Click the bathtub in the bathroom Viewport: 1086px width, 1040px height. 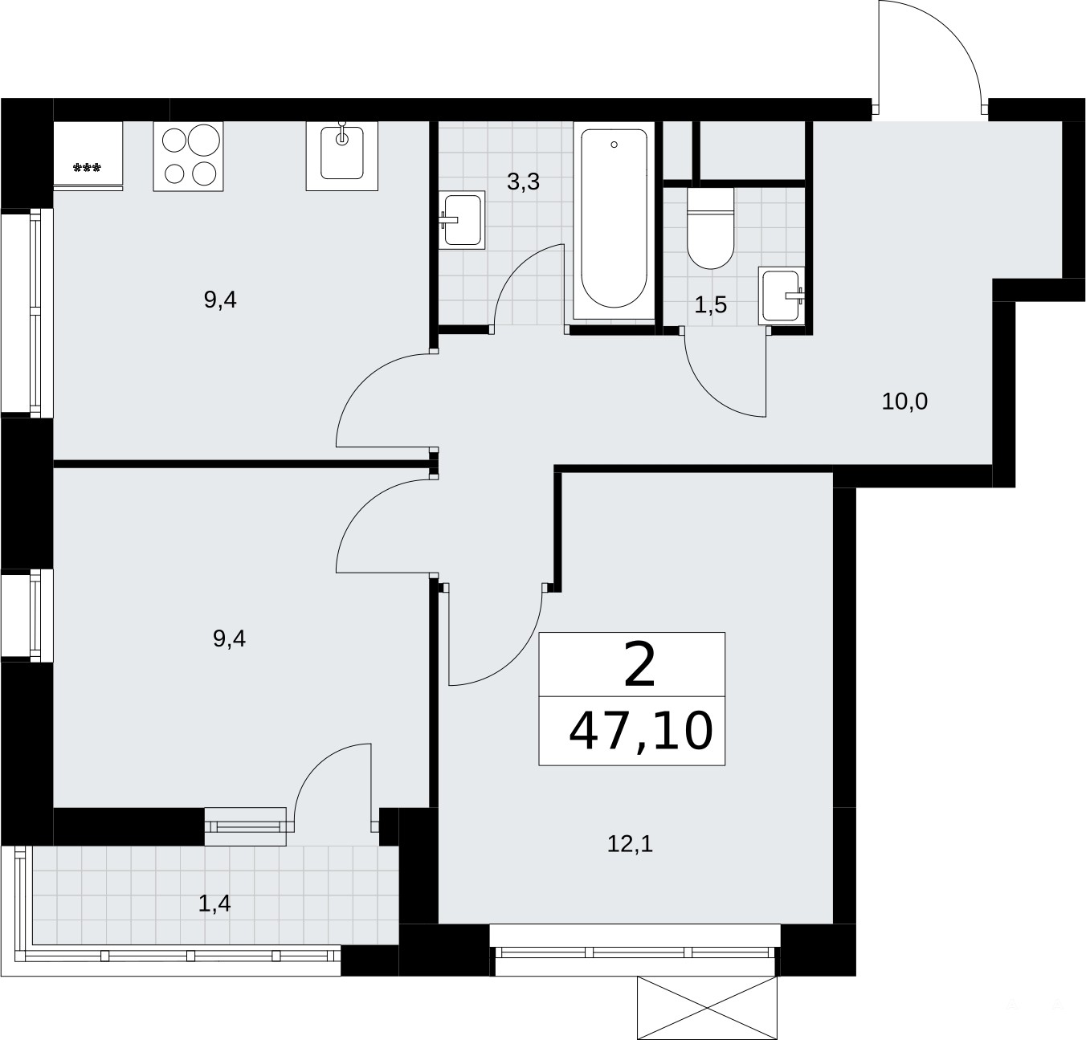[x=614, y=220]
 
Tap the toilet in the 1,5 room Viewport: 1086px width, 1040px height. [x=710, y=227]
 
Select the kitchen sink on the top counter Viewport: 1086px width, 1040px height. [x=341, y=157]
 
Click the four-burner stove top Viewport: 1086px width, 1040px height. [x=189, y=157]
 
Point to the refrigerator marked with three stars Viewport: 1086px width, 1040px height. [x=88, y=157]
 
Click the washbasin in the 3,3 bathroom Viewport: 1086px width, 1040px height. [x=462, y=220]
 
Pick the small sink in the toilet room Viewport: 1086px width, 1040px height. [x=781, y=296]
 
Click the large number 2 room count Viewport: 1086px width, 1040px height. [x=639, y=664]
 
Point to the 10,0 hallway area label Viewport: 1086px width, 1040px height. [x=904, y=402]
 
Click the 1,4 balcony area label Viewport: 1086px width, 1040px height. [x=214, y=903]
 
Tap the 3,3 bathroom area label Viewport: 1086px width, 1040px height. [x=523, y=181]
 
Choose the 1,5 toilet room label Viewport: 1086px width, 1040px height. [x=710, y=305]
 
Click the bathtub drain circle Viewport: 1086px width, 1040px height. [x=614, y=145]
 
